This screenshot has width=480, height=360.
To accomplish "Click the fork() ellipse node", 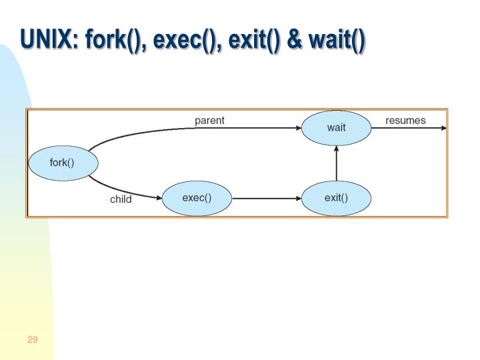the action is click(x=63, y=163).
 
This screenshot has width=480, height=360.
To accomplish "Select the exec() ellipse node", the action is click(x=197, y=199).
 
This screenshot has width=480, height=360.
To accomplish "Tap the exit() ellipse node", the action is click(x=336, y=199).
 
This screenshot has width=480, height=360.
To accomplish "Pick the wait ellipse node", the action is click(x=336, y=128).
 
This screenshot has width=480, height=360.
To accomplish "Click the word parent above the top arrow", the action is click(x=210, y=121).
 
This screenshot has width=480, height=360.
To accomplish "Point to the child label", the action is click(x=121, y=199).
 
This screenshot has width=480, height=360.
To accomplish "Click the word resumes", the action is click(x=405, y=120).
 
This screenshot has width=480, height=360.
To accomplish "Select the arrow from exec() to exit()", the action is click(x=267, y=199).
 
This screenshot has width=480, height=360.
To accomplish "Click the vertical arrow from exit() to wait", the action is click(x=337, y=163).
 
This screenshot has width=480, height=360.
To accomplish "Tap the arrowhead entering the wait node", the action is click(x=299, y=128).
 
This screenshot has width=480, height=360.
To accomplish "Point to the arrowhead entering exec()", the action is click(x=159, y=198).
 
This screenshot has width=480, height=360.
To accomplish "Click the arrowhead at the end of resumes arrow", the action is click(x=443, y=128).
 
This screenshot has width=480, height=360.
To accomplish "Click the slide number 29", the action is click(x=33, y=339).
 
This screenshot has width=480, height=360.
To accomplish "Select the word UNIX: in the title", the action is click(x=49, y=39).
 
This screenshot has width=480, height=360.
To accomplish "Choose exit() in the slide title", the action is click(x=254, y=41).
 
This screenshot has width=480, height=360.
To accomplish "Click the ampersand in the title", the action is click(x=295, y=40).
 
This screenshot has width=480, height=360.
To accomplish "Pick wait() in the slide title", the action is click(x=337, y=41).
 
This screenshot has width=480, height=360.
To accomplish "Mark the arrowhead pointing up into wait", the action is click(x=337, y=149).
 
